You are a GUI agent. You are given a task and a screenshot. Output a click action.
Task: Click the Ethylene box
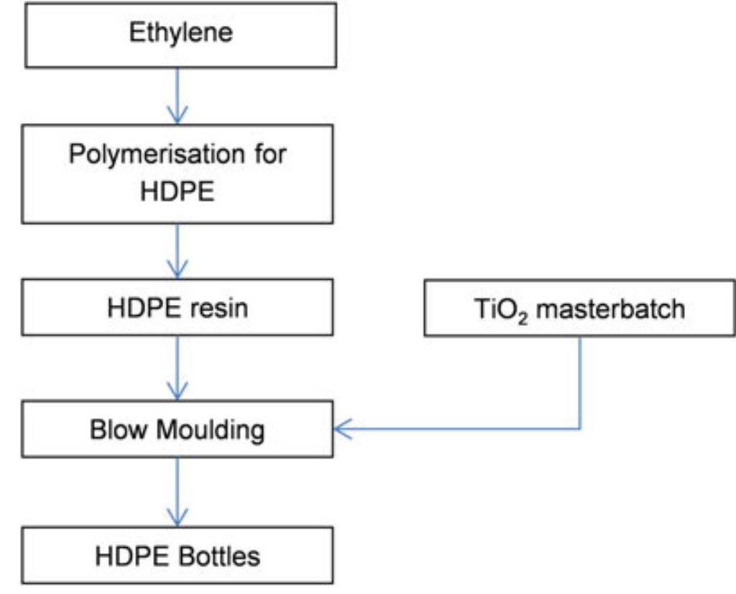(x=180, y=35)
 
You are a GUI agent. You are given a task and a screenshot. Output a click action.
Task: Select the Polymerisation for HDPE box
(x=178, y=173)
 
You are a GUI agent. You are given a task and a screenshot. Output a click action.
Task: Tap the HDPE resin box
(x=178, y=309)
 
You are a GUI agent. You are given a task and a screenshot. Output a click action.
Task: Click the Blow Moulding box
(x=178, y=430)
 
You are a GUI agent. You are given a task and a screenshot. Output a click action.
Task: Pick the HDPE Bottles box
(x=178, y=556)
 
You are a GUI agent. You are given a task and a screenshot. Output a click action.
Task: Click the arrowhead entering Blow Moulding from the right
(x=344, y=430)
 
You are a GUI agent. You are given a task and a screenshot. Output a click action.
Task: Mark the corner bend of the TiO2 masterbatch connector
(x=580, y=429)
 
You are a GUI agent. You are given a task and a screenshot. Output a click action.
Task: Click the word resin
(x=220, y=309)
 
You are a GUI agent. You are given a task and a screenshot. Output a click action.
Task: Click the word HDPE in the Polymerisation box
(x=178, y=193)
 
